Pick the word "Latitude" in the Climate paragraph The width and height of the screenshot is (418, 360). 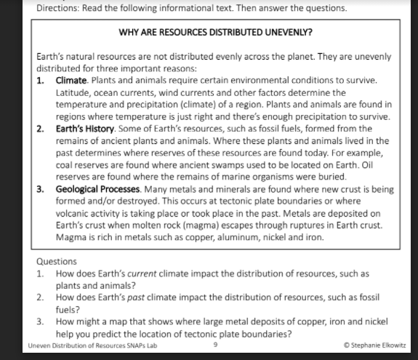pos(73,92)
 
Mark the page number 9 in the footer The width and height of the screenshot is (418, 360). pos(216,345)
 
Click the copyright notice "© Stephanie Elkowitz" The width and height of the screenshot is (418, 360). pos(374,345)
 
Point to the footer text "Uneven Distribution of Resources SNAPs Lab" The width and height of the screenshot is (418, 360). pos(92,345)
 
